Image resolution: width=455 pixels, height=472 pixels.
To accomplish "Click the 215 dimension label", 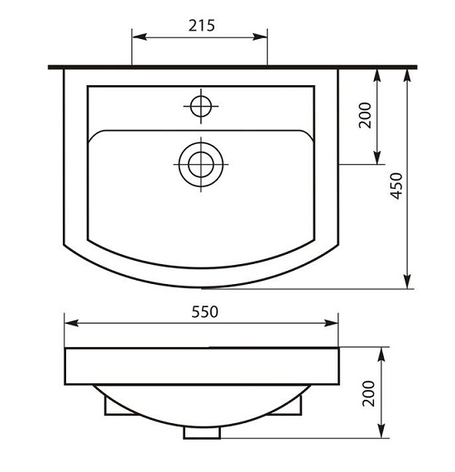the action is pyautogui.click(x=202, y=26).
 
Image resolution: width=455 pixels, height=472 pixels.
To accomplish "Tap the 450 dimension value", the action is pyautogui.click(x=396, y=185).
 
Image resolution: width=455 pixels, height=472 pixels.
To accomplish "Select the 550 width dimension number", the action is pyautogui.click(x=205, y=312).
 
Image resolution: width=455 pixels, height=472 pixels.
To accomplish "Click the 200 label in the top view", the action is pyautogui.click(x=366, y=115).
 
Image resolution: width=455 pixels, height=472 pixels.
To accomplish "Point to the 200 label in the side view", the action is pyautogui.click(x=369, y=393).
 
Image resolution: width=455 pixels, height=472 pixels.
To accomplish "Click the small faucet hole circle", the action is pyautogui.click(x=201, y=106).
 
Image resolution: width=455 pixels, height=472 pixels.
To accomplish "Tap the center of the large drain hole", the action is pyautogui.click(x=201, y=164).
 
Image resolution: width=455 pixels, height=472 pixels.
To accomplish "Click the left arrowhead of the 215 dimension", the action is pyautogui.click(x=140, y=37).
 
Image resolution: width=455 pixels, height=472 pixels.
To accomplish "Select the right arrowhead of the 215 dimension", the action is pyautogui.click(x=260, y=37).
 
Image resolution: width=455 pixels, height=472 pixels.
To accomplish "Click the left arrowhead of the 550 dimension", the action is pyautogui.click(x=72, y=323).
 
